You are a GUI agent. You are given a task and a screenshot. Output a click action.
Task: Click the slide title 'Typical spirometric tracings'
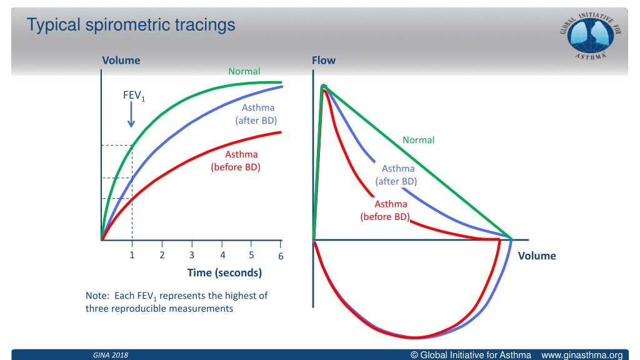(x=131, y=25)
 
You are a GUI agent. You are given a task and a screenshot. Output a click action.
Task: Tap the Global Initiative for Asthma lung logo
(x=590, y=36)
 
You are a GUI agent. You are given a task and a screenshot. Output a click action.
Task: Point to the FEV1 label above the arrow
(x=134, y=96)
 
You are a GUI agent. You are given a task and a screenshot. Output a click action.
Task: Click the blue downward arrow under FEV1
(x=131, y=114)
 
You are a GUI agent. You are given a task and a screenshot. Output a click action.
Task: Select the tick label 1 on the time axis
(x=132, y=255)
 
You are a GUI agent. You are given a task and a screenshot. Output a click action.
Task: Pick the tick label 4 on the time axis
(x=222, y=255)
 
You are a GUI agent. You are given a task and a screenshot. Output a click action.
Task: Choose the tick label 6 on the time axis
(x=281, y=256)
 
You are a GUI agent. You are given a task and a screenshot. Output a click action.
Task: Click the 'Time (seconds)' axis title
(x=224, y=272)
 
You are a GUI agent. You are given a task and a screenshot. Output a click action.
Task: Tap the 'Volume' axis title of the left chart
(x=121, y=61)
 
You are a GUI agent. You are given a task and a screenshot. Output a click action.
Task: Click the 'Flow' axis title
(x=324, y=61)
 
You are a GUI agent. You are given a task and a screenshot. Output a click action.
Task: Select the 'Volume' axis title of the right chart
(x=537, y=256)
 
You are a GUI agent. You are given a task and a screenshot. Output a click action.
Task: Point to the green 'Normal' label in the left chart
(x=244, y=71)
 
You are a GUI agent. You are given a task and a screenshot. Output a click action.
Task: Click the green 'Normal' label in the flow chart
(x=418, y=140)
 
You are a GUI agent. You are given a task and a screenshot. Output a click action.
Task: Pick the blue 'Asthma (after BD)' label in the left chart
(x=256, y=114)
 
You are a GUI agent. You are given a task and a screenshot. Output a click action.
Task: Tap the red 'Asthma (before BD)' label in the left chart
(x=236, y=161)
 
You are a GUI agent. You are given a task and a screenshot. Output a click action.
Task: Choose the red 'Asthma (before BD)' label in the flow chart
(x=385, y=210)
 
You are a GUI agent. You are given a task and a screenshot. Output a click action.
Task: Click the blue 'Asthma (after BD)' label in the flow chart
(x=396, y=175)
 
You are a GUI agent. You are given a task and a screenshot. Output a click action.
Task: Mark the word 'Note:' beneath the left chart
(x=97, y=296)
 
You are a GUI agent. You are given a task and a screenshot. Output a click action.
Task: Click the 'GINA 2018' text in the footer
(x=111, y=355)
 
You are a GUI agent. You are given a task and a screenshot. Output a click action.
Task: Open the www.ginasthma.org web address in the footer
(x=582, y=355)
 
